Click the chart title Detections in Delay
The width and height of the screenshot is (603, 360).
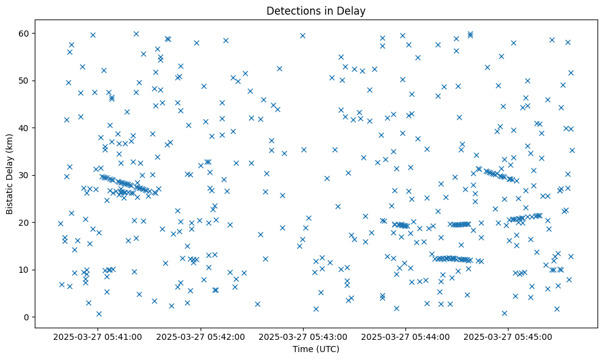(x=316, y=10)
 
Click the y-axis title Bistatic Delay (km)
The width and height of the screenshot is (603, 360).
(x=10, y=173)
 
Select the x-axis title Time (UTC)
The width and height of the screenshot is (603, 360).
(x=316, y=350)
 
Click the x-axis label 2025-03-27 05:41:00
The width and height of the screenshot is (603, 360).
(x=98, y=337)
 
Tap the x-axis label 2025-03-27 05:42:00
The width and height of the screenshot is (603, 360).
(x=200, y=337)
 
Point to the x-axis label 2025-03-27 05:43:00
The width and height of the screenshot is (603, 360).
(x=302, y=337)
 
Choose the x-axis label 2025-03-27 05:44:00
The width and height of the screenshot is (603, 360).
(x=405, y=337)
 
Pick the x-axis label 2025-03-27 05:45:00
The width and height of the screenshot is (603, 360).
(x=508, y=337)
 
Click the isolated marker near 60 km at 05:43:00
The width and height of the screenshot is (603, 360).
(x=302, y=35)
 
